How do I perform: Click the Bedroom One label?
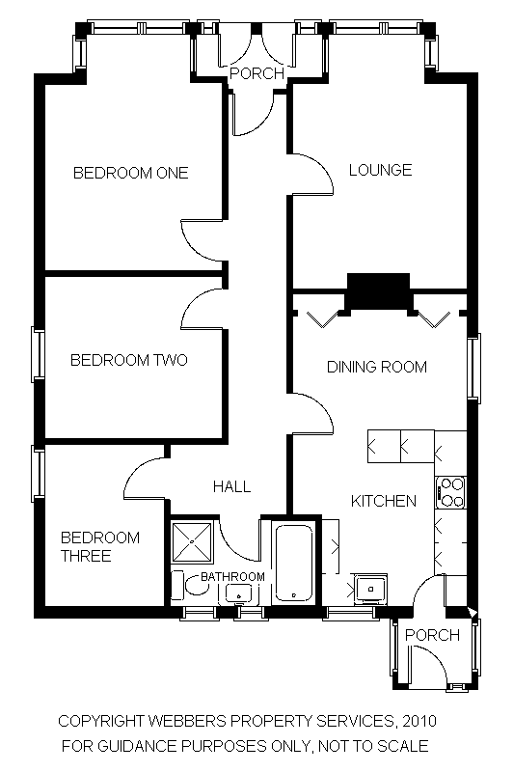[131, 173]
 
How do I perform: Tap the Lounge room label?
[380, 170]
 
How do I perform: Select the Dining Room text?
[377, 367]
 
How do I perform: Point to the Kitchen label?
[384, 501]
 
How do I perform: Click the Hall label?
[231, 486]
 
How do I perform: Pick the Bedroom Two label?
[129, 360]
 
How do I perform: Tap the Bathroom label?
[232, 576]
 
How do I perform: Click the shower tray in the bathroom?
[192, 541]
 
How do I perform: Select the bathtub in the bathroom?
[294, 564]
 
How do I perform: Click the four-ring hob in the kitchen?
[450, 492]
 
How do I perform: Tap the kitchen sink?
[371, 588]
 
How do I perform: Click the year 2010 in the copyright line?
[419, 721]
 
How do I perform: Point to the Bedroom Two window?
[39, 354]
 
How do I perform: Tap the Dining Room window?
[473, 368]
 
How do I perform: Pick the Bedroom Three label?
[100, 546]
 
